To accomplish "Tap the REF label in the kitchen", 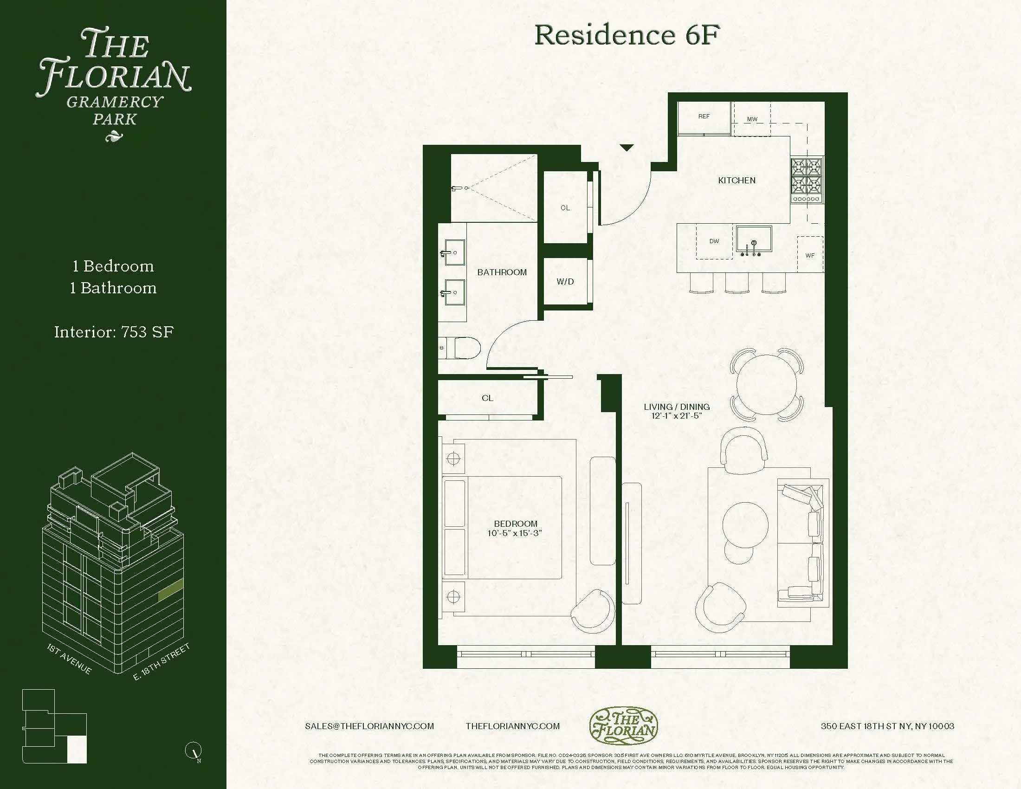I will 704,116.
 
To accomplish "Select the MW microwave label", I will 752,119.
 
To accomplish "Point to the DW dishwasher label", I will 714,241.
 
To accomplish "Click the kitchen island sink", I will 754,239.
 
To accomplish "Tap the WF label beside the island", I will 810,255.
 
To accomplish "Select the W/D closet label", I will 565,281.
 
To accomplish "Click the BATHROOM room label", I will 502,272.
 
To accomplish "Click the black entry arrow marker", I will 627,148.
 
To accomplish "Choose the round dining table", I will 766,385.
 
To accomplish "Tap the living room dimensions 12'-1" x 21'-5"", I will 677,416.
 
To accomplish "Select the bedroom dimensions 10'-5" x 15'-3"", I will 515,533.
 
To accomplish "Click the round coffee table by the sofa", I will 745,524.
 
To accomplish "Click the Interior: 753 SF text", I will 114,332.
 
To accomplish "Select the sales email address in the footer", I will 369,726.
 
